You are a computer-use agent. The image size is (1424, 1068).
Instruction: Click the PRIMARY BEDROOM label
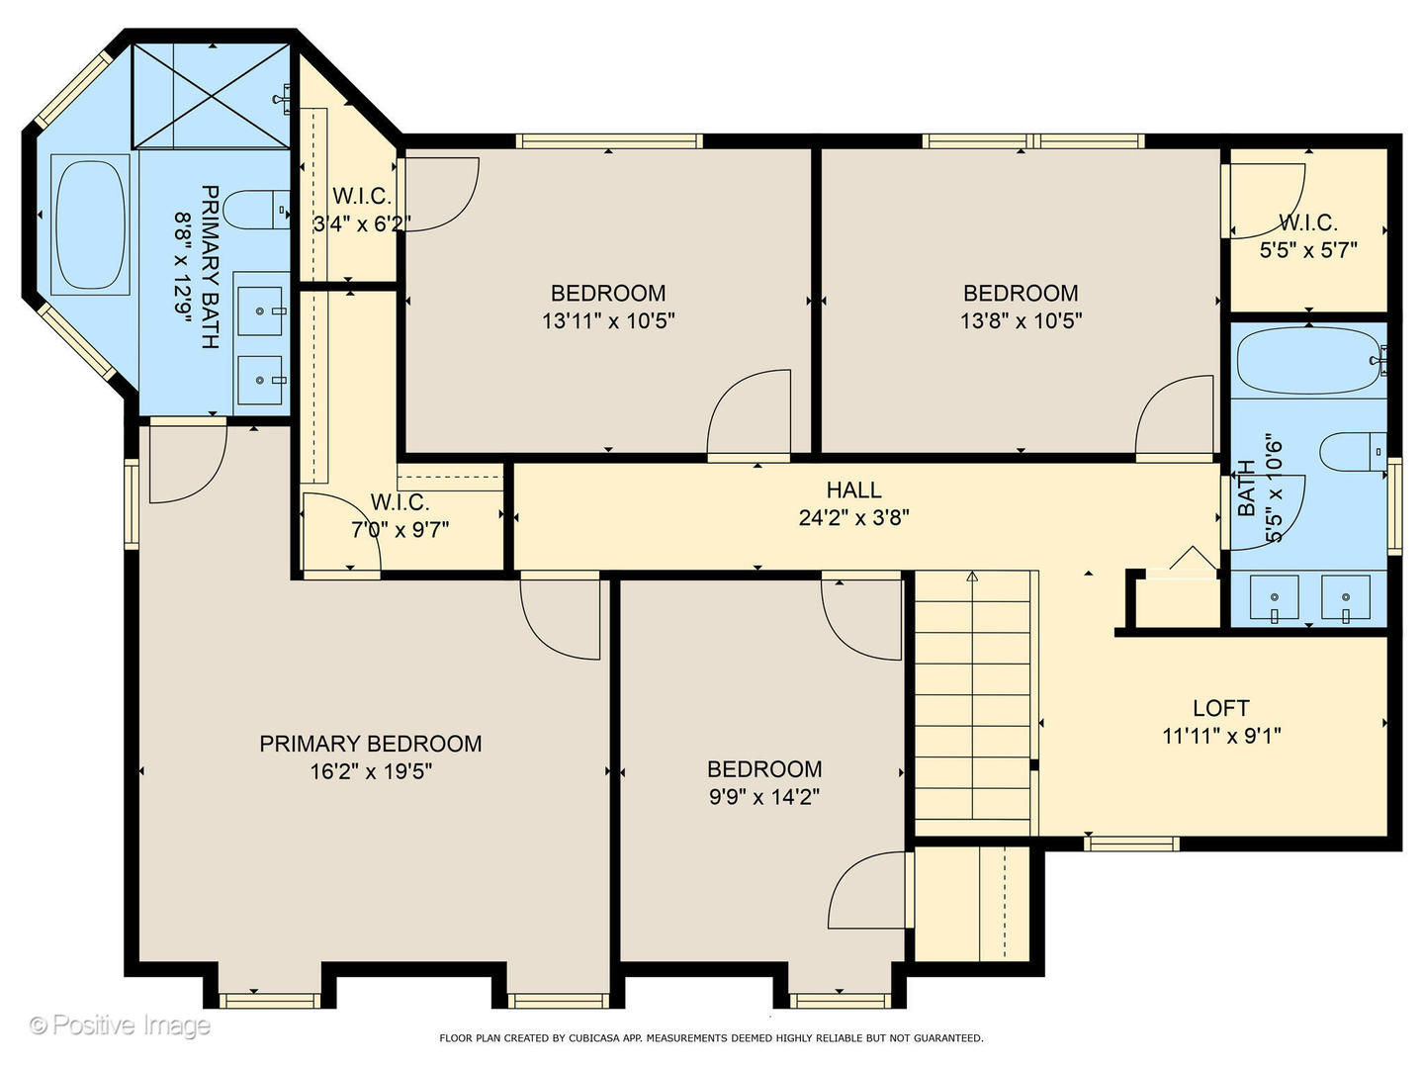(371, 744)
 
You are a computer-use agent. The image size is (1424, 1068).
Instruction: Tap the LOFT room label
(1221, 708)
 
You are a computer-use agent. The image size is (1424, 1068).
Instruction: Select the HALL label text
(853, 489)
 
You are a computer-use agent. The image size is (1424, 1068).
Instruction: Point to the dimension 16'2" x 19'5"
(371, 771)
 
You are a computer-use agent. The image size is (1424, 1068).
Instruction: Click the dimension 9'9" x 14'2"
(764, 797)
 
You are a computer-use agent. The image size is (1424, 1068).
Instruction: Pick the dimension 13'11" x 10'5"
(608, 321)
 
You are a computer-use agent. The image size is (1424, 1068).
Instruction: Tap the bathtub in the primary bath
(90, 224)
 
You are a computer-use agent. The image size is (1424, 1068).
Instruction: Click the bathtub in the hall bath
(1308, 361)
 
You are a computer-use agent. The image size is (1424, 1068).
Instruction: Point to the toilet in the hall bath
(1352, 452)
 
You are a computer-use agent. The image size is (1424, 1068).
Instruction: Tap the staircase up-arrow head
(971, 576)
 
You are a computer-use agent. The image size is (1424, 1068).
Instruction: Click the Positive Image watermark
(120, 1025)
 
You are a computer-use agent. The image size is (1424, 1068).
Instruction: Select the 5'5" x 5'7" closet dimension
(1308, 250)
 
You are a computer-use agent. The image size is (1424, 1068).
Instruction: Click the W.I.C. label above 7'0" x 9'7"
(400, 502)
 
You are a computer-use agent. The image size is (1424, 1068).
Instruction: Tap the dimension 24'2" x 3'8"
(853, 517)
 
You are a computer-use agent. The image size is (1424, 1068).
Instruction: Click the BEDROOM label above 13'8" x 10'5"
(1021, 293)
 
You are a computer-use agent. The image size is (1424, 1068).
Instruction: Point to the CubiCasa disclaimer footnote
(711, 1038)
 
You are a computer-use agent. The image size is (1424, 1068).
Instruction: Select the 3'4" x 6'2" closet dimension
(362, 223)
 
